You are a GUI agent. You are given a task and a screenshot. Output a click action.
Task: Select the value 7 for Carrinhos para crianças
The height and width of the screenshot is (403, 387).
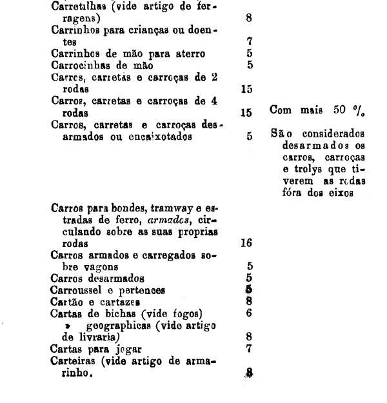[248, 41]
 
